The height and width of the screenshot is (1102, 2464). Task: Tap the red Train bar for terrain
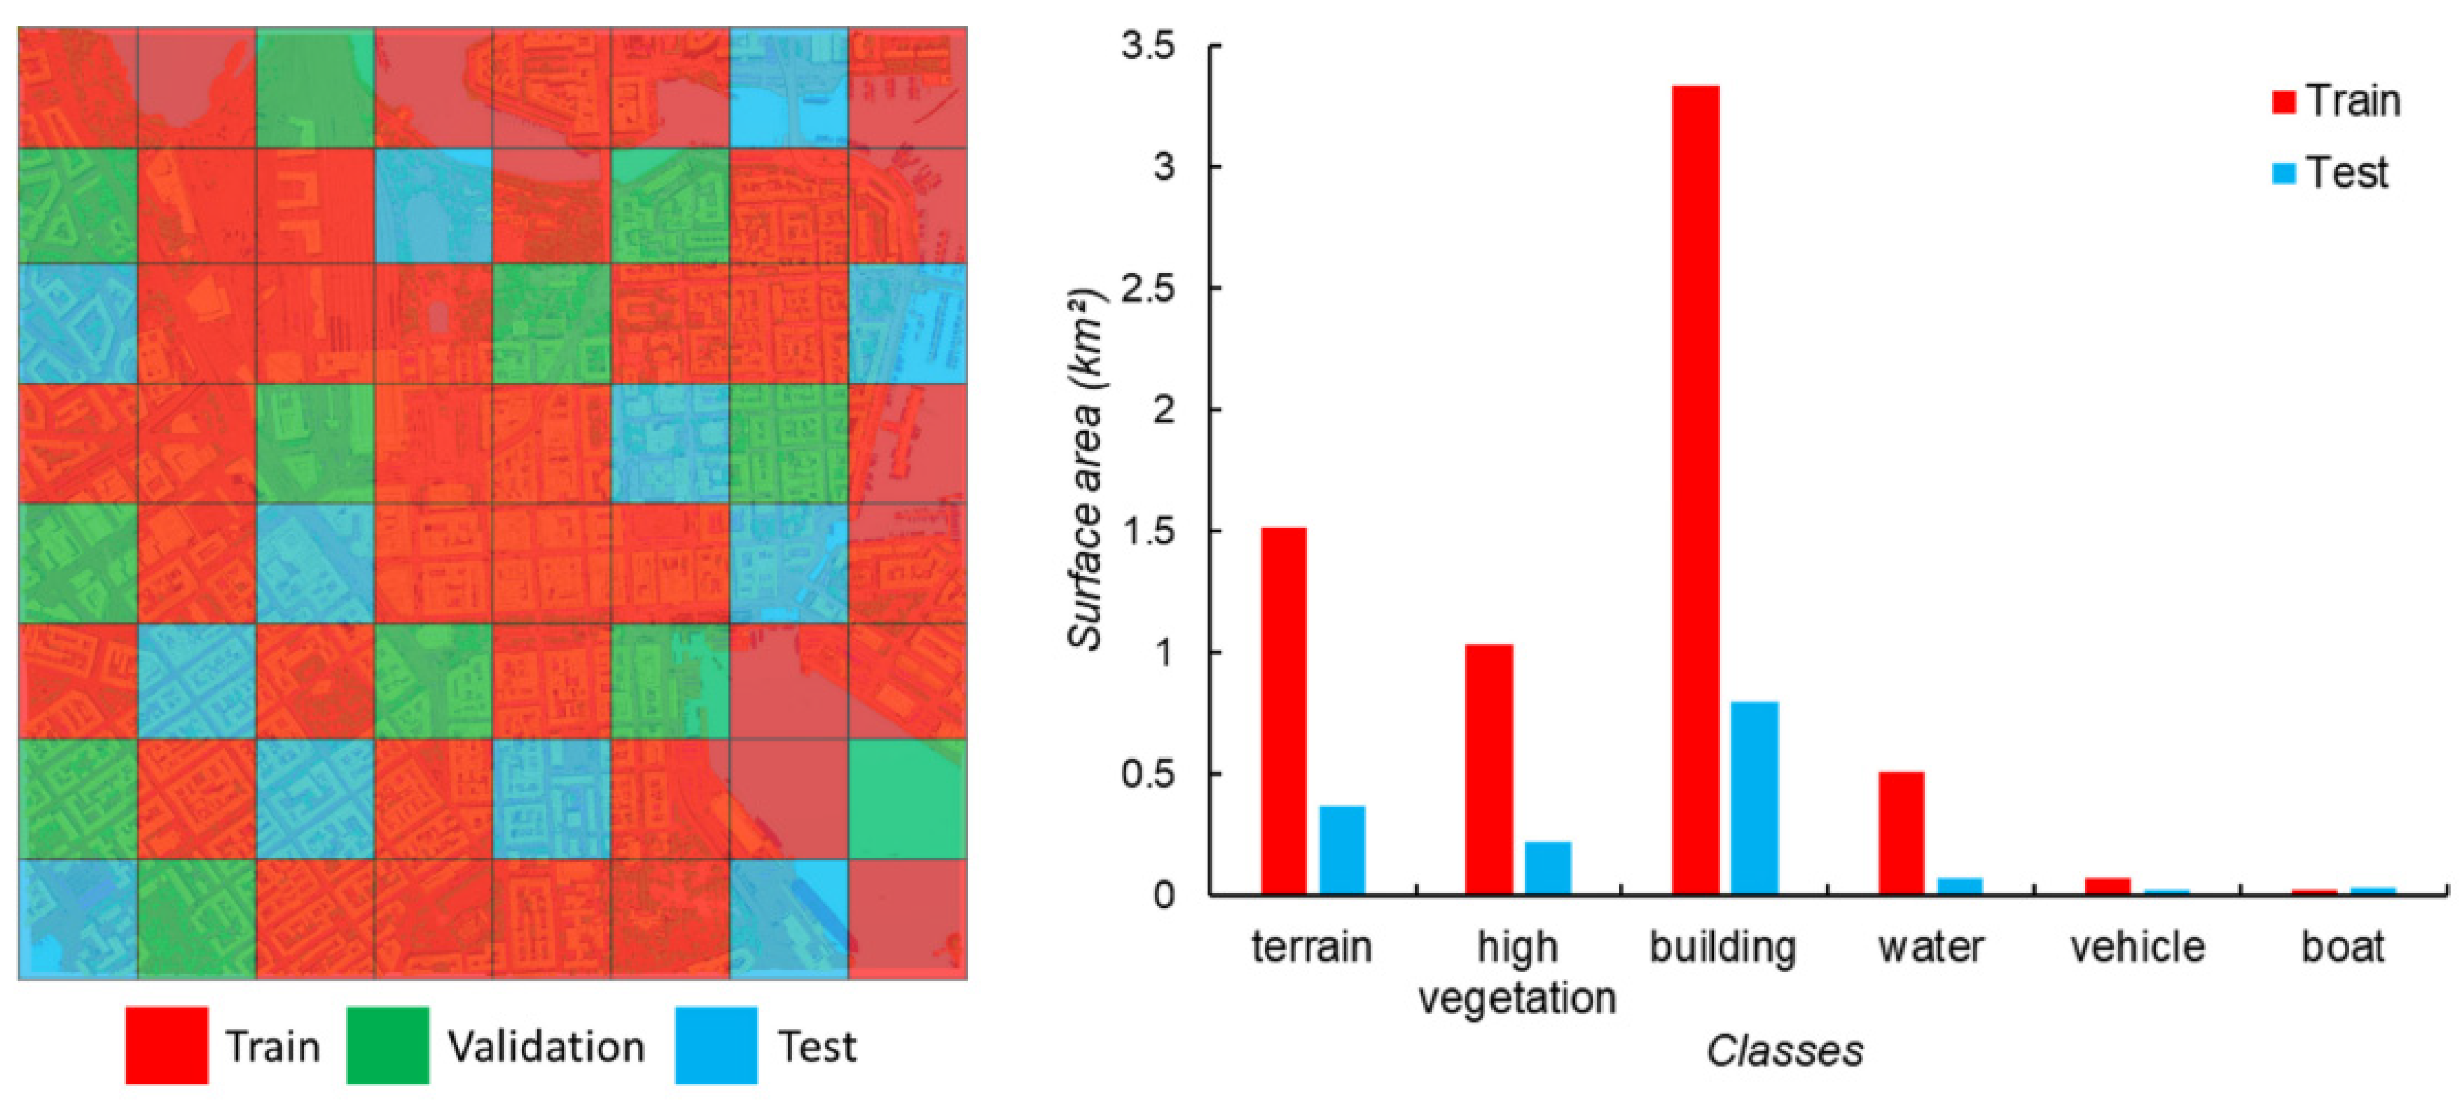pyautogui.click(x=1283, y=711)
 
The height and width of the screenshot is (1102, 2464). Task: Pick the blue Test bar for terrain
pyautogui.click(x=1342, y=850)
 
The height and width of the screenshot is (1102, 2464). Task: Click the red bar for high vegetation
pyautogui.click(x=1489, y=769)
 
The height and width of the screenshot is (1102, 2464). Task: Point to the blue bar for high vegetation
pyautogui.click(x=1548, y=868)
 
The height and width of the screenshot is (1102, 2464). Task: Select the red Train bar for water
pyautogui.click(x=1902, y=832)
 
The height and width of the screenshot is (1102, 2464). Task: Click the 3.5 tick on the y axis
pyautogui.click(x=1149, y=46)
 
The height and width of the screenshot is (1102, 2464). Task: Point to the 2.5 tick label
pyautogui.click(x=1149, y=288)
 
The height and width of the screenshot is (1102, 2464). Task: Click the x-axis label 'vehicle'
pyautogui.click(x=2138, y=947)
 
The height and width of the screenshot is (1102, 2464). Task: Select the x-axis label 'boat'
pyautogui.click(x=2343, y=947)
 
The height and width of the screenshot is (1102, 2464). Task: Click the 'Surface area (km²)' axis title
pyautogui.click(x=1087, y=469)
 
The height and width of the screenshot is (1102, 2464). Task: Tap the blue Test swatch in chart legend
pyautogui.click(x=2284, y=174)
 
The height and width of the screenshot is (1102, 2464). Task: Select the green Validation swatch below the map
pyautogui.click(x=387, y=1045)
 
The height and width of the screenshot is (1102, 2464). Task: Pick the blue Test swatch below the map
pyautogui.click(x=715, y=1045)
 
